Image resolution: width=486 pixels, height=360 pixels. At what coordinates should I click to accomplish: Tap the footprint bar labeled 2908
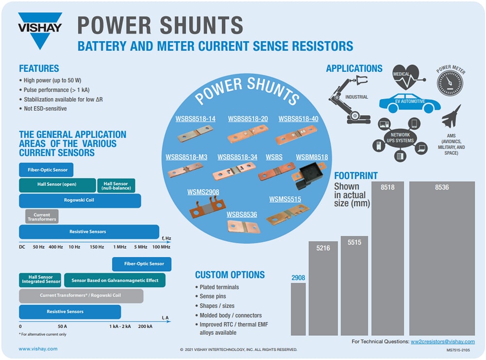[298, 309]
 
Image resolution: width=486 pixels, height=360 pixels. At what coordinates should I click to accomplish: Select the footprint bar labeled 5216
[323, 288]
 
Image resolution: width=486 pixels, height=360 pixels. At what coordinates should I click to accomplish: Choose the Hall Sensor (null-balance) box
[117, 186]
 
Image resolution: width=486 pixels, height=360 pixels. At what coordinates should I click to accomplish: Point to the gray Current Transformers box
[42, 216]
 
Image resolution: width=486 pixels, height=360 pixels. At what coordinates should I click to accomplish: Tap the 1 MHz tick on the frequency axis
[120, 247]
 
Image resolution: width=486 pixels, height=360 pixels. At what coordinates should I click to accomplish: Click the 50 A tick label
[62, 327]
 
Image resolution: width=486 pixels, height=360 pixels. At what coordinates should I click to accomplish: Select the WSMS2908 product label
[203, 192]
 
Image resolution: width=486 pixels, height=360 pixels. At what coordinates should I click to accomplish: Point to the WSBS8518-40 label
[298, 119]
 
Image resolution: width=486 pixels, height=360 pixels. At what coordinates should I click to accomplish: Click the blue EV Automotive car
[410, 103]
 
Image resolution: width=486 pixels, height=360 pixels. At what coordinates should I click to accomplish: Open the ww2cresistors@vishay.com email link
[443, 342]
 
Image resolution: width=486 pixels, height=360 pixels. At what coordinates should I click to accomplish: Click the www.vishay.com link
[38, 348]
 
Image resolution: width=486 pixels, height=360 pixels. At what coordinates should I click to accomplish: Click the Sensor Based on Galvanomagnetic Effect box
[115, 280]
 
